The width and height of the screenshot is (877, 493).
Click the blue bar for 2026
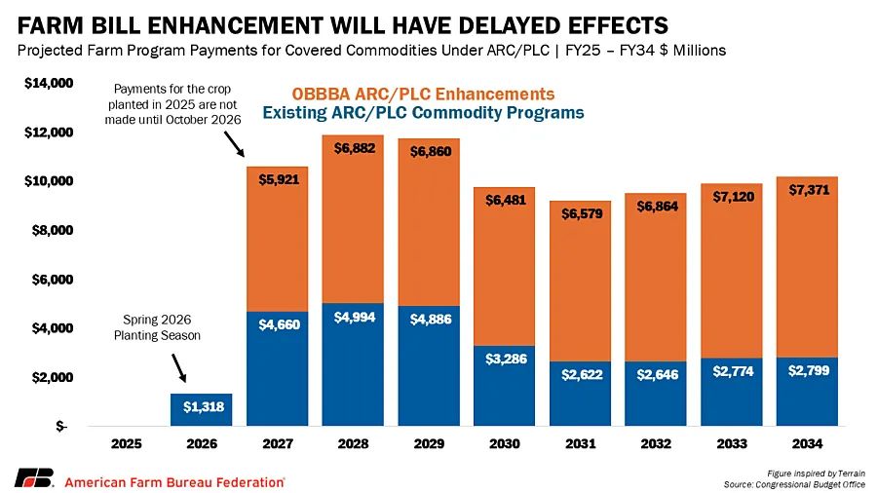tap(202, 410)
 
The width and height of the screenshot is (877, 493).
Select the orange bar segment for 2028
tap(353, 234)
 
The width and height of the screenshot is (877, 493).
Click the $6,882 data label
tap(353, 149)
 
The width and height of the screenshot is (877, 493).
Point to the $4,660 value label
tap(278, 325)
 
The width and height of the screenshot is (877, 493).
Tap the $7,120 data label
tap(731, 196)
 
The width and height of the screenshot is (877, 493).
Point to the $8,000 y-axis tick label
tap(49, 231)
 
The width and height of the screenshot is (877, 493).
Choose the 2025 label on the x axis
tap(127, 444)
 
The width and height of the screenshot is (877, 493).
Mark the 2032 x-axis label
tap(656, 444)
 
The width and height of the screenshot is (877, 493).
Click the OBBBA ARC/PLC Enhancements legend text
tap(423, 94)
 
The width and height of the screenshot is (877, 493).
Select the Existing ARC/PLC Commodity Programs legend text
tap(423, 113)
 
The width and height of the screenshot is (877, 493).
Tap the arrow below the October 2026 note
tap(234, 145)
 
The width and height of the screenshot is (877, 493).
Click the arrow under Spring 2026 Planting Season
tap(179, 367)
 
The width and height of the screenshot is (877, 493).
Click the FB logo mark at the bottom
tap(33, 479)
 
